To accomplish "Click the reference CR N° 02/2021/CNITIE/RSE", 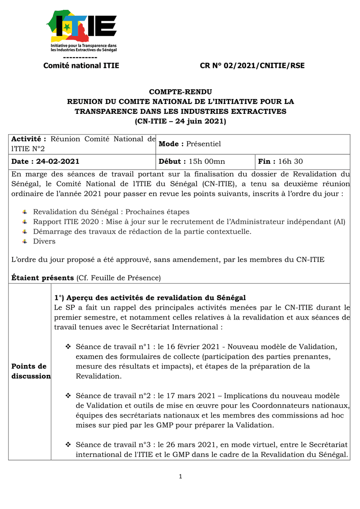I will (x=252, y=66).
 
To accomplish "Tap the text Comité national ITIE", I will (x=81, y=66).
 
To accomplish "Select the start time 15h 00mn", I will (x=207, y=162).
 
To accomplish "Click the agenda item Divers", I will (x=44, y=241).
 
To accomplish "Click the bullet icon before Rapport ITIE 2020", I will (x=25, y=222).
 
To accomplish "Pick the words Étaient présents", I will (x=42, y=278).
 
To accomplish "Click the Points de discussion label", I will (x=30, y=371).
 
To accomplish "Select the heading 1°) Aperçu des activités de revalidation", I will (x=150, y=298).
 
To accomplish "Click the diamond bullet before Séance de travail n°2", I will (x=68, y=396).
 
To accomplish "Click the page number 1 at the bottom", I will (x=180, y=477).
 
